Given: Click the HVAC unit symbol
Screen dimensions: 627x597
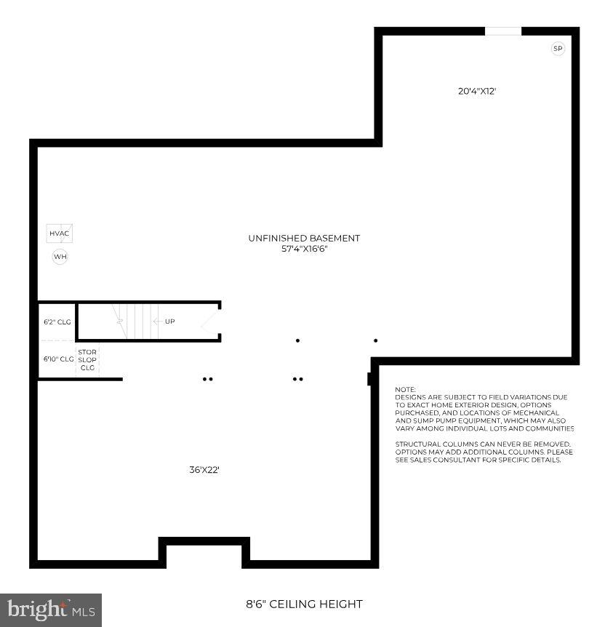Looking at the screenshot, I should (x=59, y=233).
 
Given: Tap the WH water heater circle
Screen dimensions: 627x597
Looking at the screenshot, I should (x=60, y=256).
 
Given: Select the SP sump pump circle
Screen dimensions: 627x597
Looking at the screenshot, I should (x=558, y=49).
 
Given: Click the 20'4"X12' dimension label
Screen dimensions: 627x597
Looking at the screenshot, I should (x=477, y=92).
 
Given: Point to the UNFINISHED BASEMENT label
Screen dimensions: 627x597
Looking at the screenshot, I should (x=304, y=238).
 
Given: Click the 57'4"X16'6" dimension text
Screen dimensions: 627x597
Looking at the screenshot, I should (x=304, y=249).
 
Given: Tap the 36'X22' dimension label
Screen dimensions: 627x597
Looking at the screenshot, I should (x=204, y=470).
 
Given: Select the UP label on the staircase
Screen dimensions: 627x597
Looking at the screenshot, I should (x=169, y=322).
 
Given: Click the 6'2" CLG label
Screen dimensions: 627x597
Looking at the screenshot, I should (x=57, y=322).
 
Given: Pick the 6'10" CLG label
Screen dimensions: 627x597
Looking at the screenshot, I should (x=58, y=359).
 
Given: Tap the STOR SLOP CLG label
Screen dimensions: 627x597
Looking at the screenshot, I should (x=87, y=359).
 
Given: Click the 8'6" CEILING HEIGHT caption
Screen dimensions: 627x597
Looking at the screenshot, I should (x=303, y=604).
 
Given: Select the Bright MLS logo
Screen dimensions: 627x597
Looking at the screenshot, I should (x=50, y=610).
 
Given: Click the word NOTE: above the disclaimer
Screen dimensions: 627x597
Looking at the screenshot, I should (x=405, y=390).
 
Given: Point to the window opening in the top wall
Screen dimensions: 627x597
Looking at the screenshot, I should (x=503, y=31).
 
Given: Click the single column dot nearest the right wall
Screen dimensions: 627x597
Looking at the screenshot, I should (x=376, y=340).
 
